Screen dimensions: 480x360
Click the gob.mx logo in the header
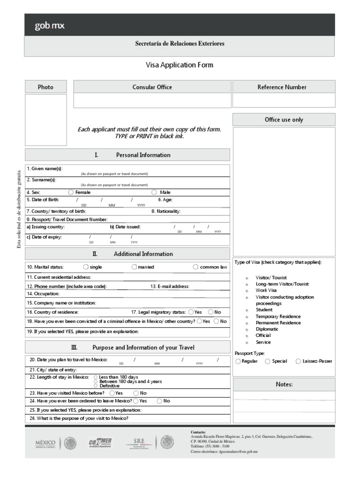point(49,25)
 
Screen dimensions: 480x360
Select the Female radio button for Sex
point(71,192)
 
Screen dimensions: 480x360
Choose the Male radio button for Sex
point(154,192)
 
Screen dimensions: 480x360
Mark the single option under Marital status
point(85,267)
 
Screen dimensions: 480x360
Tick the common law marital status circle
point(195,267)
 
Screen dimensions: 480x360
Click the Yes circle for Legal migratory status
point(191,312)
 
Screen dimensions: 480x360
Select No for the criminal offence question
point(216,321)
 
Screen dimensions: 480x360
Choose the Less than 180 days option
point(96,377)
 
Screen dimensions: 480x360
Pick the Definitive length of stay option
point(96,386)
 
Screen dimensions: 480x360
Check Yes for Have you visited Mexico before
point(112,393)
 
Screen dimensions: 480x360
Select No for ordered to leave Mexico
point(159,401)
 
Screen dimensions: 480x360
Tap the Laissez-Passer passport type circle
point(298,361)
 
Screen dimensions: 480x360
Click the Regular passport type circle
point(238,361)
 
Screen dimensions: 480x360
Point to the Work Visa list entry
point(266,290)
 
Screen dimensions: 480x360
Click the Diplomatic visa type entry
point(267,329)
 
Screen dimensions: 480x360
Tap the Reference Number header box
point(284,87)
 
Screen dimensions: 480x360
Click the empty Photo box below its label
point(45,120)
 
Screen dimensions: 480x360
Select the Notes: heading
point(284,384)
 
